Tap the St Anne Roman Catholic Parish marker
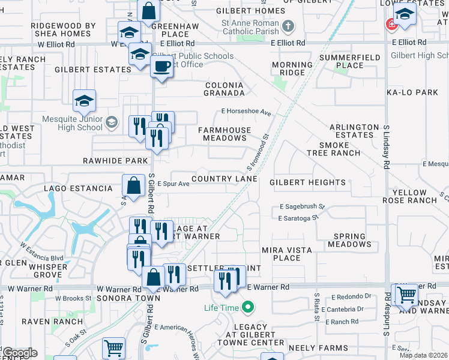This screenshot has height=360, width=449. [x=289, y=26]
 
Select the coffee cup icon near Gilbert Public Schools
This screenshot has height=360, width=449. [x=161, y=67]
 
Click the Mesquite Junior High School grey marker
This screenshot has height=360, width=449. [x=111, y=123]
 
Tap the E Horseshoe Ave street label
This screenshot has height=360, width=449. [x=246, y=112]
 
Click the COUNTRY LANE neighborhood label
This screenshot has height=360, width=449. [x=224, y=179]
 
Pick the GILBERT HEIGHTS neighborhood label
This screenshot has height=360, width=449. [x=307, y=182]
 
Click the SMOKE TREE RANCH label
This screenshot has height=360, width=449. [x=342, y=149]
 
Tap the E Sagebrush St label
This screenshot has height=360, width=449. [x=302, y=207]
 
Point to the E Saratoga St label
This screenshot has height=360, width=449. [x=298, y=218]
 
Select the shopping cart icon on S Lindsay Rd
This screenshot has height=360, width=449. [x=406, y=294]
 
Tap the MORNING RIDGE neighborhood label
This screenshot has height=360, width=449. [x=292, y=68]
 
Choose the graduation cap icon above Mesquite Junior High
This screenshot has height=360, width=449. [x=84, y=100]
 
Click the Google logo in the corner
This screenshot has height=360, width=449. [x=19, y=353]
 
